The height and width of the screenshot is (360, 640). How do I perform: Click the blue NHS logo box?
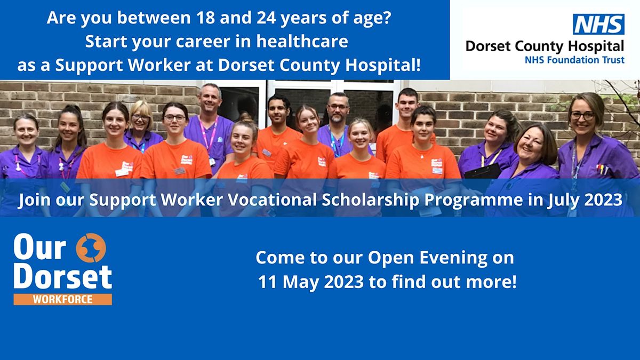[x=598, y=24]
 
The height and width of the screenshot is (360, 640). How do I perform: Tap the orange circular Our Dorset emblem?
[x=91, y=247]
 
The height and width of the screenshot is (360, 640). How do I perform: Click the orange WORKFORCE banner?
[x=62, y=299]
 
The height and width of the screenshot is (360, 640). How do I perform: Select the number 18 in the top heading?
[x=205, y=18]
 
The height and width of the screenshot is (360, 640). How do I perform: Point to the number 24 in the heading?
[x=266, y=18]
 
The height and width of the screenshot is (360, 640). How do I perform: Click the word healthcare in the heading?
[x=302, y=41]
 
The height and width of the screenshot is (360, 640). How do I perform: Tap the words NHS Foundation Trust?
[x=574, y=60]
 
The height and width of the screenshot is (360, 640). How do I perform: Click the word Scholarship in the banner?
[x=371, y=199]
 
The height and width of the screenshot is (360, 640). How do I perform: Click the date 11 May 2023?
[x=311, y=282]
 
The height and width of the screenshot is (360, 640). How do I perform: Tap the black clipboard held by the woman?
[x=483, y=171]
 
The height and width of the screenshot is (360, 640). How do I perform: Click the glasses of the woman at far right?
[x=582, y=115]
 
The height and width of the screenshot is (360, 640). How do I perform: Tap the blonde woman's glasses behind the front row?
[x=140, y=117]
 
